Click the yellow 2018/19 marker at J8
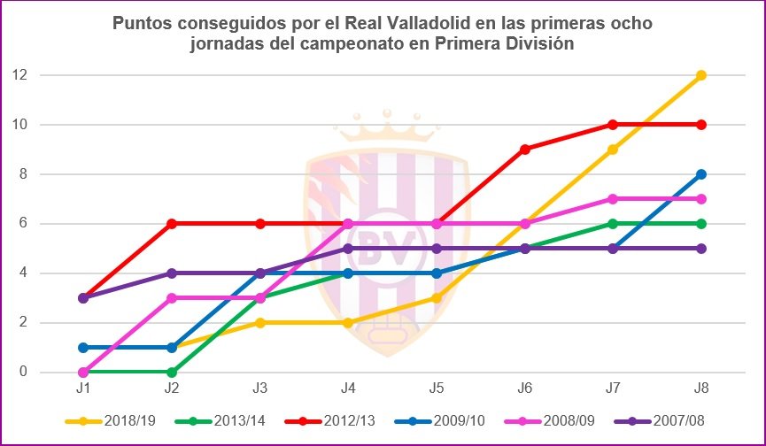click(700, 75)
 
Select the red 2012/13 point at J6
click(525, 150)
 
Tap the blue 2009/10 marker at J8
click(700, 174)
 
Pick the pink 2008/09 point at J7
click(613, 199)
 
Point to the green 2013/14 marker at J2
click(172, 373)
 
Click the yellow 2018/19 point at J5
click(437, 298)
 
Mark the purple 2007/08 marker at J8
click(700, 249)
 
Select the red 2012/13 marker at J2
click(172, 224)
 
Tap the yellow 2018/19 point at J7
click(613, 150)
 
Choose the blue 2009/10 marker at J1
click(84, 348)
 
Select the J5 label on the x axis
click(437, 388)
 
